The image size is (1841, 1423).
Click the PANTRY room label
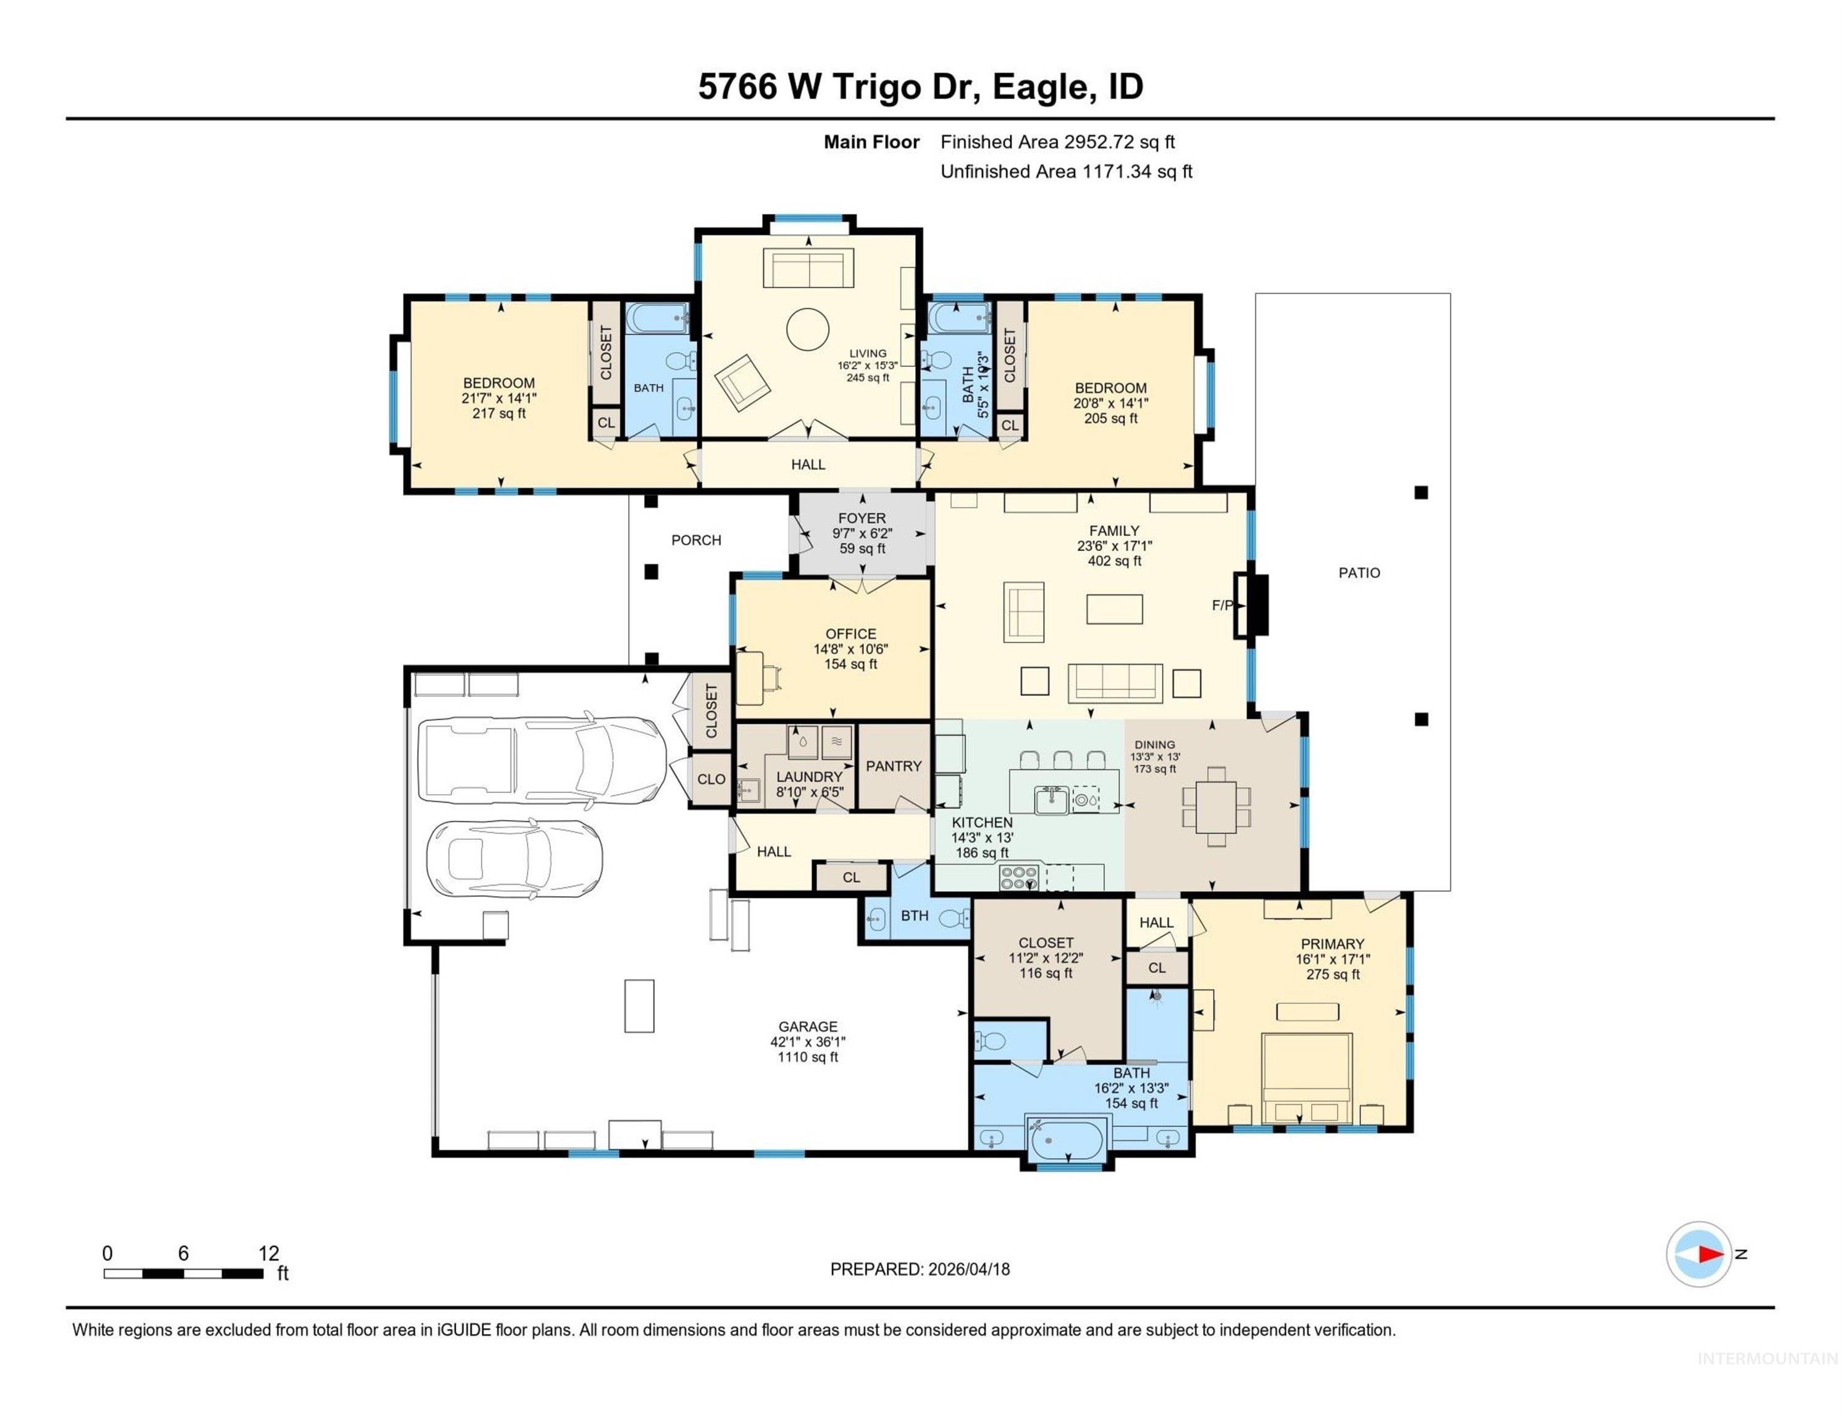pos(894,765)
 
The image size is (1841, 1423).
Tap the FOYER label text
pos(862,518)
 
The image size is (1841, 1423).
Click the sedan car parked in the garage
pos(515,857)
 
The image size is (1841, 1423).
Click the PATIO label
pos(1359,573)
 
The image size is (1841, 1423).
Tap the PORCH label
pos(696,540)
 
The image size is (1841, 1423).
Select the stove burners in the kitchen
pos(1018,878)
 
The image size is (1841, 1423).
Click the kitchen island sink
pos(1052,799)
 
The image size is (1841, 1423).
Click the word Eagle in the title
pos(1038,87)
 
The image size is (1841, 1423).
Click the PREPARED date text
pos(920,1269)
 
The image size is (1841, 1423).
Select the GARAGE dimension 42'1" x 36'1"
pos(808,1042)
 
